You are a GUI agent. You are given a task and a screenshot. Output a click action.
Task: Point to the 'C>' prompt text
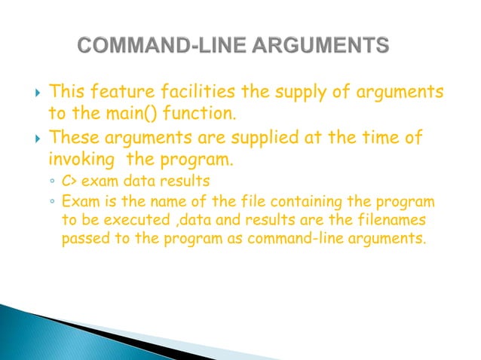tap(69, 182)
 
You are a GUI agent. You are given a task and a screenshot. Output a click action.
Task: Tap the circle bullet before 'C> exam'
tap(51, 182)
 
